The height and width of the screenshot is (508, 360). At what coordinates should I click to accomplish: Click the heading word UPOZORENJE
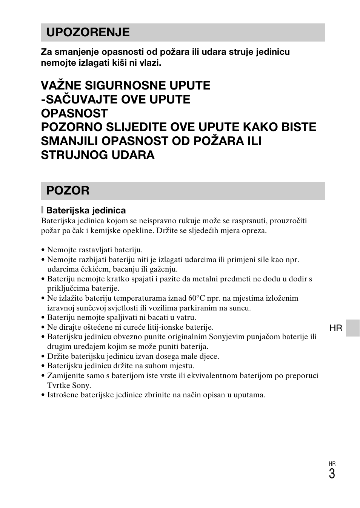(88, 32)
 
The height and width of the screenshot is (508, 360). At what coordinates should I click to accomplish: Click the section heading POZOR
(68, 190)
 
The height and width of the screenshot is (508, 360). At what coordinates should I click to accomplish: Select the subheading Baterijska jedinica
(86, 210)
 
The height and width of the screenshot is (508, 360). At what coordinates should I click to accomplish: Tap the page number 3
(332, 474)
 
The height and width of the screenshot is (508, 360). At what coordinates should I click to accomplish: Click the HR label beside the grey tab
(335, 328)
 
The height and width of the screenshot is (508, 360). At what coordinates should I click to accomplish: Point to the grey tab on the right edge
(353, 328)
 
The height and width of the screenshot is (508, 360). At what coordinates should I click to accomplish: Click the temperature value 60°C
(197, 298)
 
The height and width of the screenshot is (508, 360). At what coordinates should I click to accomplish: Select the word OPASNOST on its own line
(74, 113)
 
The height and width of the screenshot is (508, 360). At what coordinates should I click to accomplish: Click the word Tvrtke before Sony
(58, 385)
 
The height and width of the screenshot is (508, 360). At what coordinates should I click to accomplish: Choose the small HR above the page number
(332, 464)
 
